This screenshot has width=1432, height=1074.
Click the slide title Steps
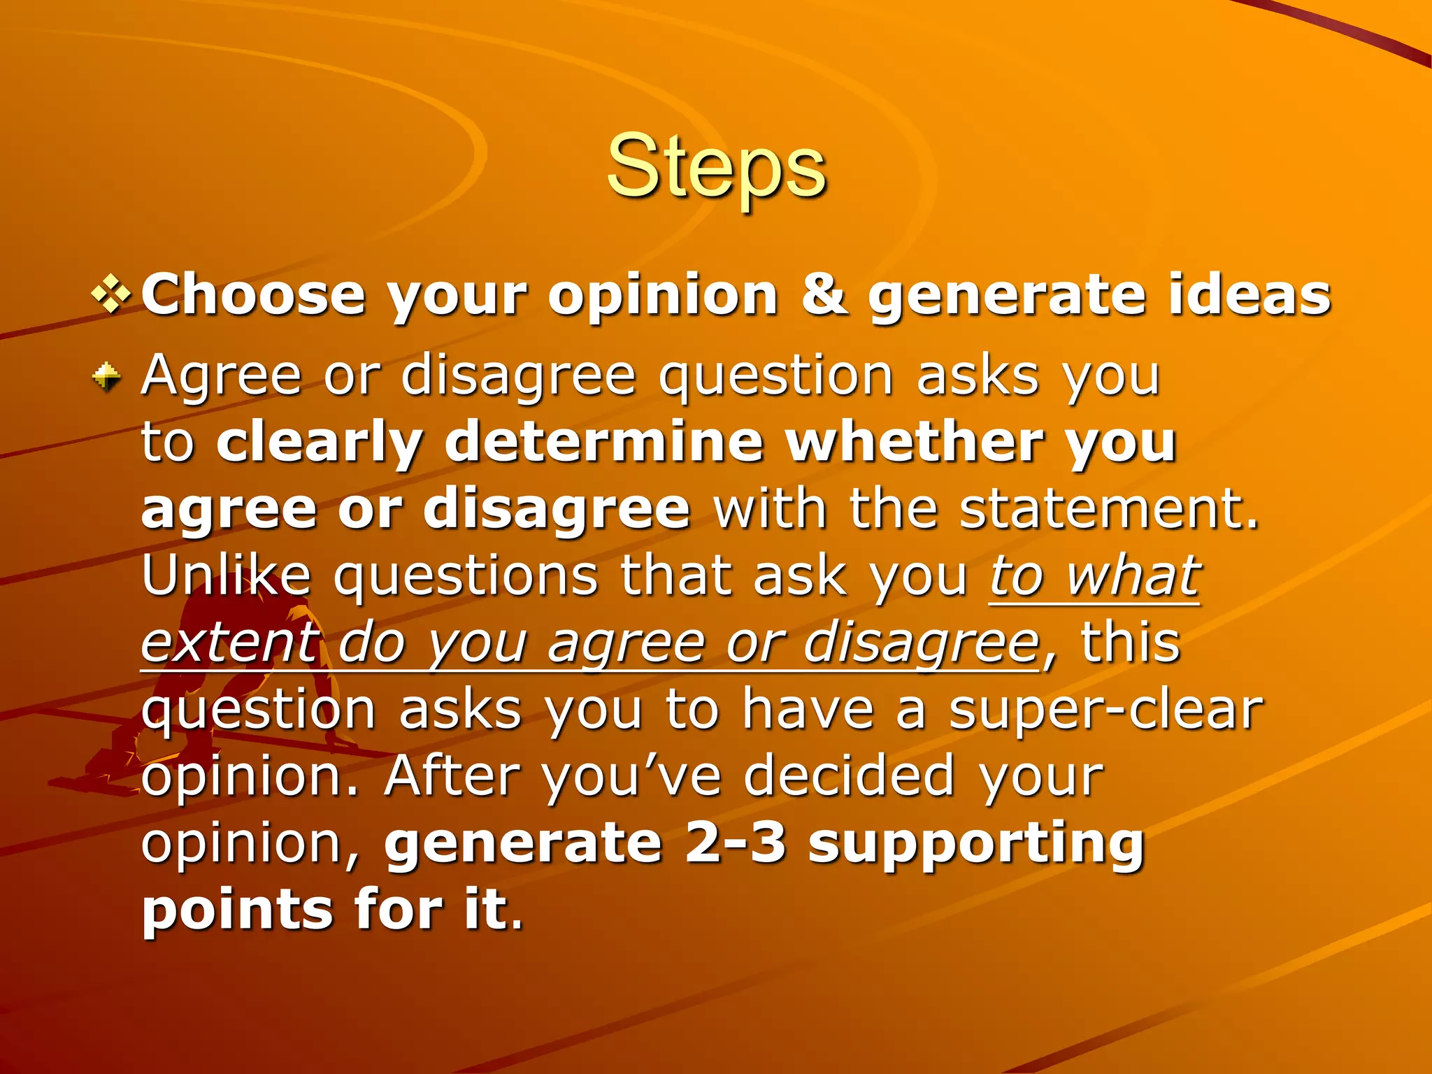(716, 168)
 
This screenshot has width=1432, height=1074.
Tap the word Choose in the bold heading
(253, 295)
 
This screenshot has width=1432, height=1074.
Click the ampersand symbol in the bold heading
(822, 295)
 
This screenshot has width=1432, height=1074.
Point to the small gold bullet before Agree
(107, 377)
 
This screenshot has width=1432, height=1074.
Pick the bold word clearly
(320, 443)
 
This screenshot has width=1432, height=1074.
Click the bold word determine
(603, 442)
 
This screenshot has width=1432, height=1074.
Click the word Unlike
(226, 576)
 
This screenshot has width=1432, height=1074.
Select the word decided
(849, 776)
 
